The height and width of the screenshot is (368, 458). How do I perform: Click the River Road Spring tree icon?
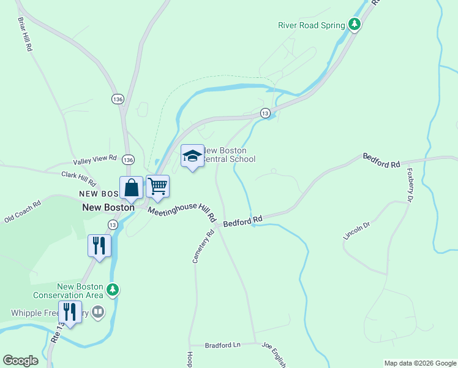(x=354, y=25)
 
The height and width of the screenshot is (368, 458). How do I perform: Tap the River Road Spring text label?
(x=312, y=25)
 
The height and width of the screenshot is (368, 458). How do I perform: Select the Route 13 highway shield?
(x=265, y=113)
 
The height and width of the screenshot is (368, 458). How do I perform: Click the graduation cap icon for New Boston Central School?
(x=192, y=156)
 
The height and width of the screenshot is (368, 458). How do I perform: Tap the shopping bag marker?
(x=131, y=188)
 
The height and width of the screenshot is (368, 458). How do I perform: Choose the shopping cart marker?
(x=157, y=186)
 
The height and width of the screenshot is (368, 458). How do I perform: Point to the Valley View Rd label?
(x=95, y=160)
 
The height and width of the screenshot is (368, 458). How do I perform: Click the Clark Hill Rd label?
(x=79, y=178)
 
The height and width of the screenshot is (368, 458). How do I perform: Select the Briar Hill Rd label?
(x=24, y=34)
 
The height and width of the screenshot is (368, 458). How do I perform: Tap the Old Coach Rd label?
(x=22, y=210)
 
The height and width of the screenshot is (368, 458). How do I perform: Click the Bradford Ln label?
(x=222, y=345)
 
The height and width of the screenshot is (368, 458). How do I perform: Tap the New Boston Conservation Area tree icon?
(x=112, y=289)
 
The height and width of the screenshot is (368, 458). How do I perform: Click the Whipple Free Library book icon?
(x=98, y=312)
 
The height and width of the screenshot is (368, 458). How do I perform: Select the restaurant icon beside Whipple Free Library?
(x=70, y=313)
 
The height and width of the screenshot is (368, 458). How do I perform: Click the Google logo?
(x=20, y=361)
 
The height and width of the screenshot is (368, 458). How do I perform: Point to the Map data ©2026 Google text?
(x=419, y=363)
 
